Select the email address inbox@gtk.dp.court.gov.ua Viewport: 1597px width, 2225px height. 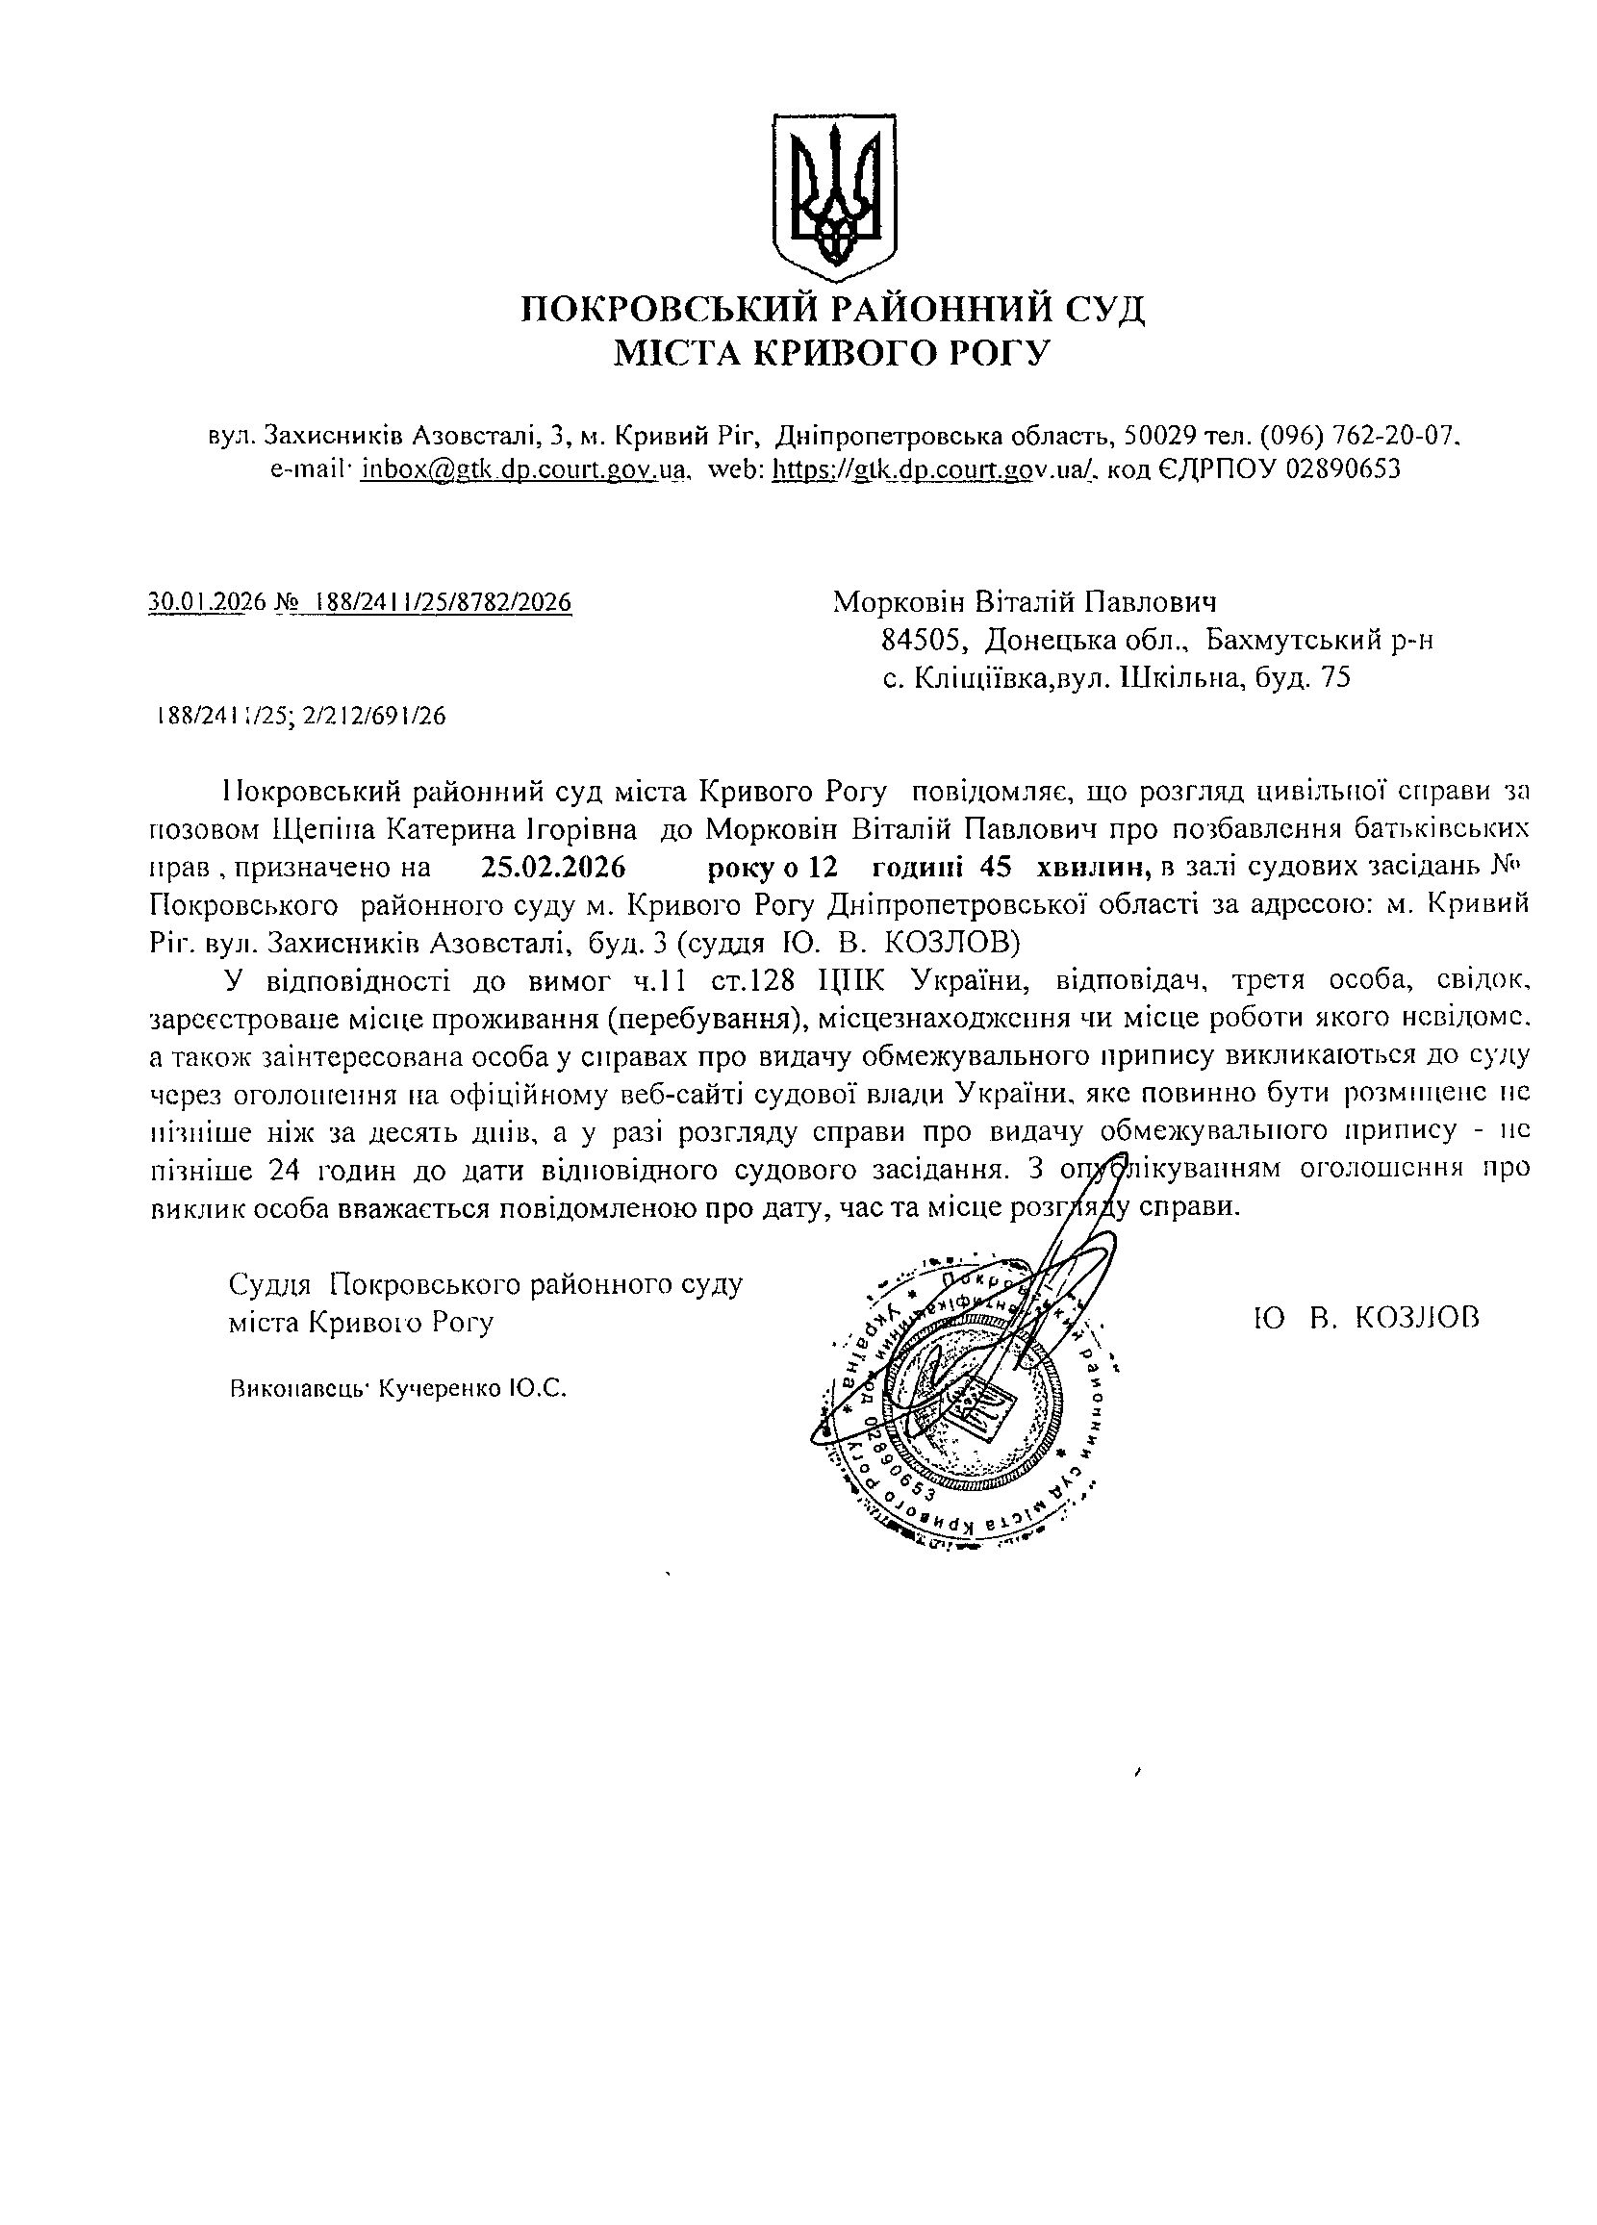click(x=521, y=468)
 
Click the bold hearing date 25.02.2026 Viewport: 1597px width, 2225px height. click(x=553, y=868)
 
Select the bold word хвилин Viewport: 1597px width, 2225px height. click(x=1097, y=868)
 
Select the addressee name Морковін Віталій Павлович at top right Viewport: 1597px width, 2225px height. click(x=1025, y=601)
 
